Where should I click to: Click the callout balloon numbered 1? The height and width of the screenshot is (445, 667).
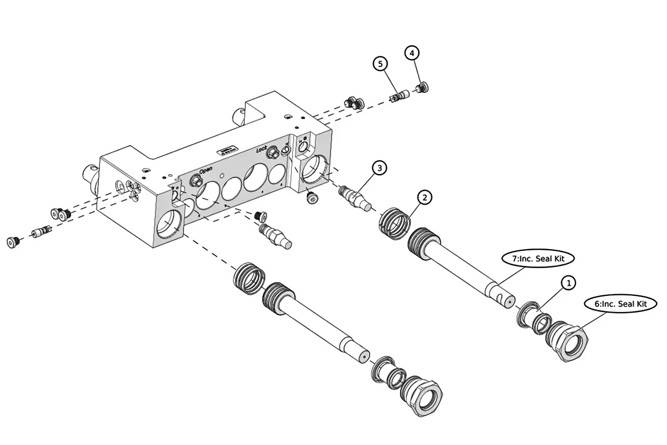click(x=568, y=283)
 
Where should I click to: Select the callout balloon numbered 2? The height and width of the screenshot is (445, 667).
click(x=424, y=197)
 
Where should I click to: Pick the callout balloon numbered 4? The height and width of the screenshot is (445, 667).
click(x=411, y=53)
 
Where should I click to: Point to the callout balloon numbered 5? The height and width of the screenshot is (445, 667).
click(x=380, y=64)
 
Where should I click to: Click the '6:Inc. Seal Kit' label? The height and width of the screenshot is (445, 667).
click(x=620, y=304)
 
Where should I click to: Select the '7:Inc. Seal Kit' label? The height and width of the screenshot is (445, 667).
click(x=537, y=259)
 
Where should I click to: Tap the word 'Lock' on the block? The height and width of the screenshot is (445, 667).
click(x=262, y=149)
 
